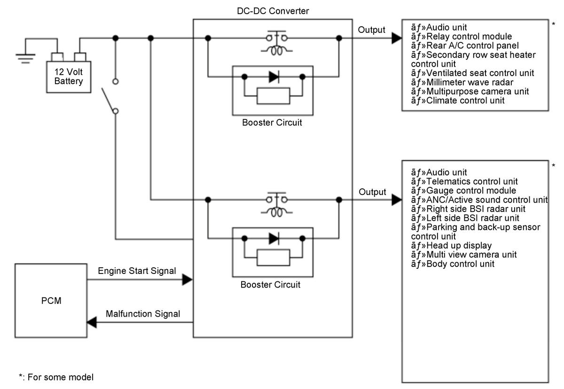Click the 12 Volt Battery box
(69, 77)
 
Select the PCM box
(51, 301)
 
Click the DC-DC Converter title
(273, 11)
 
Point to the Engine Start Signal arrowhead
(188, 280)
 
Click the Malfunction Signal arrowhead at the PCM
(92, 322)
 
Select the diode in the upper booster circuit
(274, 77)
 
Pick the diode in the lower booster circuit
(274, 238)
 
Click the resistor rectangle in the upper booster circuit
(274, 96)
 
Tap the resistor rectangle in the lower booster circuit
(274, 257)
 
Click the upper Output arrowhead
(397, 38)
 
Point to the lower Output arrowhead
(397, 200)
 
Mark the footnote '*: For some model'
(56, 377)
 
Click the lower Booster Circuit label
(270, 285)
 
